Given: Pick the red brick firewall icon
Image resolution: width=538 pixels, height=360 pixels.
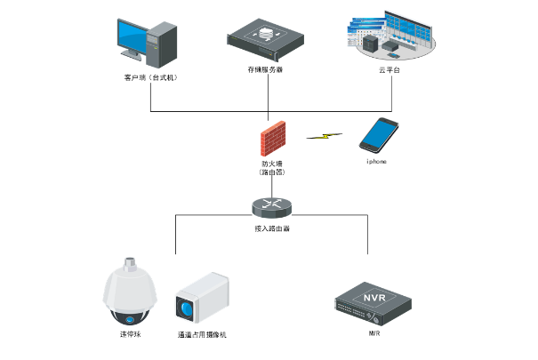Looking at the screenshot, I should (x=271, y=141).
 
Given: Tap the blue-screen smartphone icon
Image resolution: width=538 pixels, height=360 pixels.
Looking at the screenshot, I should (x=377, y=136).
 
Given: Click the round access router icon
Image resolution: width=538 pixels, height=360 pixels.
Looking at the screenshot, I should (x=271, y=206).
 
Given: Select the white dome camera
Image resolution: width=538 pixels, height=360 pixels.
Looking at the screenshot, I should (x=130, y=294).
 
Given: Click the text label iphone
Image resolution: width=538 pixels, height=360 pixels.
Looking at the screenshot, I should (x=376, y=163).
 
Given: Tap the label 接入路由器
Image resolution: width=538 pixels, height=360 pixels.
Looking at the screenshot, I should (x=271, y=228).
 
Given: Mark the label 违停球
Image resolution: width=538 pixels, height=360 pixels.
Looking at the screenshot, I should (x=130, y=335).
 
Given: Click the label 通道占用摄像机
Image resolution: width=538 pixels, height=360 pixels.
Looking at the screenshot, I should (x=202, y=335).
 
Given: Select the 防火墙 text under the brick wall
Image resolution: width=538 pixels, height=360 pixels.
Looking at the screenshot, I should (x=271, y=164).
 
